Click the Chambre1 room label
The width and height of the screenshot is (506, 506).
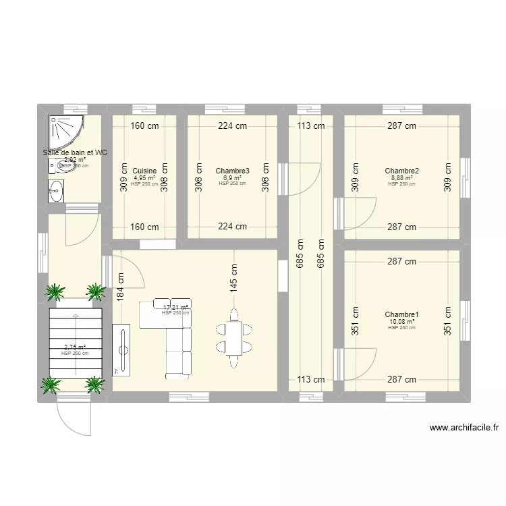pos(402,315)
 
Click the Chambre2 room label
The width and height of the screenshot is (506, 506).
pos(402,171)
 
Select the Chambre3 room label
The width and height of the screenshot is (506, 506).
pos(233,171)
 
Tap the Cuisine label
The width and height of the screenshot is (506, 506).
pos(145,171)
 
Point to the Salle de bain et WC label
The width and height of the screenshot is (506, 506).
pos(75,153)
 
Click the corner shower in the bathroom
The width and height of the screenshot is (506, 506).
pos(66,132)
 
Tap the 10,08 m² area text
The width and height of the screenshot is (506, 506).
pos(402,322)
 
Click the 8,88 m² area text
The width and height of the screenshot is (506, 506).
pos(402,178)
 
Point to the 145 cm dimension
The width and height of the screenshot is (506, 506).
pos(234,277)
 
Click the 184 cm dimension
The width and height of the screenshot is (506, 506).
pos(121,285)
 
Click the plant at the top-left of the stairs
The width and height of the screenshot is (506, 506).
pos(55,291)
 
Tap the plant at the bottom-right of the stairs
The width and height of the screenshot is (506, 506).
pos(96,385)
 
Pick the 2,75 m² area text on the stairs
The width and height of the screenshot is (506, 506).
pos(75,347)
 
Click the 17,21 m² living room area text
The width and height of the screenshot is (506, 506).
pos(175,308)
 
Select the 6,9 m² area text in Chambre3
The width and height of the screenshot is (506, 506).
pos(233,178)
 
